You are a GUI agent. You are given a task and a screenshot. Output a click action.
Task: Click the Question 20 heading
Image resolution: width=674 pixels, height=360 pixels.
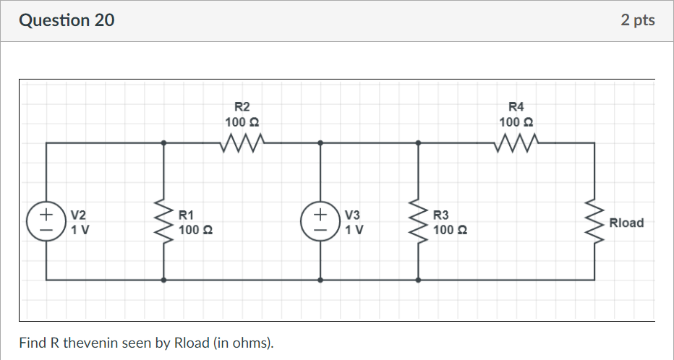tap(67, 20)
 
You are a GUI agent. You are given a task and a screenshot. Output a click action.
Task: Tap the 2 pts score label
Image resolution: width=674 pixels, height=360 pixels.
tap(637, 20)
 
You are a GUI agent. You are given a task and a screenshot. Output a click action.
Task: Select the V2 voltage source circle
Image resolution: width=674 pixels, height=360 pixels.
tap(47, 222)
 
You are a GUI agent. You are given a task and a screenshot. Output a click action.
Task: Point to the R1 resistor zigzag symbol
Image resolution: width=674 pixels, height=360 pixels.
tap(167, 222)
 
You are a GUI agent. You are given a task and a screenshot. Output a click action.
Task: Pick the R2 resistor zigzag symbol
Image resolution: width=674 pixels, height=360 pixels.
tap(242, 142)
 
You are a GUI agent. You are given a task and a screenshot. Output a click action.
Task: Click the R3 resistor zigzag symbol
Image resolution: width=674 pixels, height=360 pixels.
tap(418, 222)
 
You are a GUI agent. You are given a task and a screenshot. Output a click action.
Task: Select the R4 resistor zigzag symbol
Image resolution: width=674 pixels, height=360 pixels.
tap(516, 142)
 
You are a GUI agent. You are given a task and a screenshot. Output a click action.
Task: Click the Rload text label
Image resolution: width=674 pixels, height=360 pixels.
tap(626, 223)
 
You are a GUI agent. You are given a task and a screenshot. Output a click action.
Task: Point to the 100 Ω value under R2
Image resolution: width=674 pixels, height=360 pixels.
tap(242, 122)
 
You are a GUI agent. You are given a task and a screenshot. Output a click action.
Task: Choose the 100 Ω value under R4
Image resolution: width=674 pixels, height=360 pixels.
tap(516, 122)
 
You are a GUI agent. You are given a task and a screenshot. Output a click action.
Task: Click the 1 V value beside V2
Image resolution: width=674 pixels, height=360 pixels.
tap(80, 230)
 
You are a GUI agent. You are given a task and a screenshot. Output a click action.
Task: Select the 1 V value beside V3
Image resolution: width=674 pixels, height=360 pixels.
tap(354, 230)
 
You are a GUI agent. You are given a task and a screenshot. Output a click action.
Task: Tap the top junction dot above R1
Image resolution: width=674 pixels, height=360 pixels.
tap(164, 143)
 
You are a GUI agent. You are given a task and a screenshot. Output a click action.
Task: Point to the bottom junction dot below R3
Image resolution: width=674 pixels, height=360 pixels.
tap(418, 279)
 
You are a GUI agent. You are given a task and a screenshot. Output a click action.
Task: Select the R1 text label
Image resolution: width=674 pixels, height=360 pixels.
tap(186, 215)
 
